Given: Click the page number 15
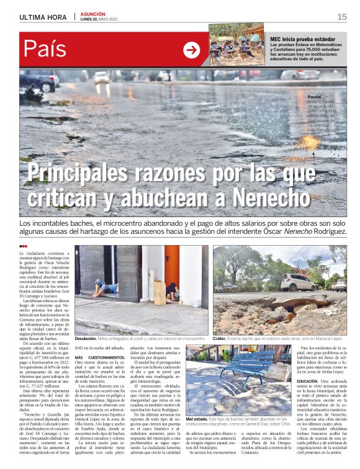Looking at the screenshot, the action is pyautogui.click(x=342, y=17).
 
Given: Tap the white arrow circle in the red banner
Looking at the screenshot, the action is pyautogui.click(x=192, y=50).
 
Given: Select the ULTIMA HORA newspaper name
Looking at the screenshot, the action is pyautogui.click(x=43, y=17).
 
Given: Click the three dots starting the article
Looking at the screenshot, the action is pyautogui.click(x=24, y=246).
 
